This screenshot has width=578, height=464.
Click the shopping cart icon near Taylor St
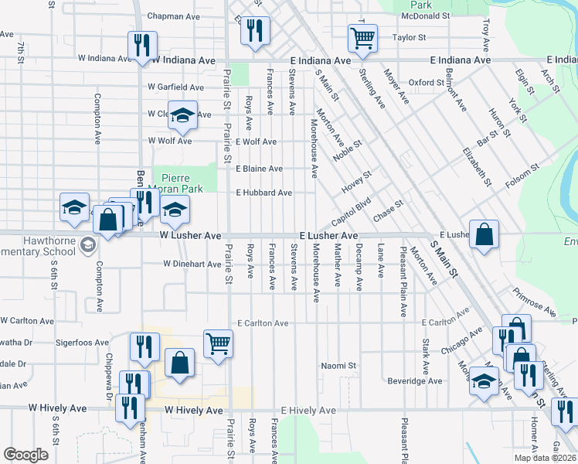tap(362, 37)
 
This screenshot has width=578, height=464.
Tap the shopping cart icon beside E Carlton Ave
tap(219, 343)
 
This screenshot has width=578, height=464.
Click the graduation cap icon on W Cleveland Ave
tap(182, 116)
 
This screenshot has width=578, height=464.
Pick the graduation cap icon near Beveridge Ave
tap(484, 381)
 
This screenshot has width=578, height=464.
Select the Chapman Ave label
tap(173, 15)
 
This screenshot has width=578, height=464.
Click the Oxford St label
tap(427, 82)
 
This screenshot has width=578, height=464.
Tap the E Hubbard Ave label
tap(263, 193)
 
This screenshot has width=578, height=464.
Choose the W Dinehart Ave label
tap(192, 264)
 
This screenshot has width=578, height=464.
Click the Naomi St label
tap(338, 365)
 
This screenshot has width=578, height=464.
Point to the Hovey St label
tap(357, 184)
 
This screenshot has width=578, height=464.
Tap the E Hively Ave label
tap(308, 411)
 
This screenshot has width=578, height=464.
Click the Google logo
tap(25, 455)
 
